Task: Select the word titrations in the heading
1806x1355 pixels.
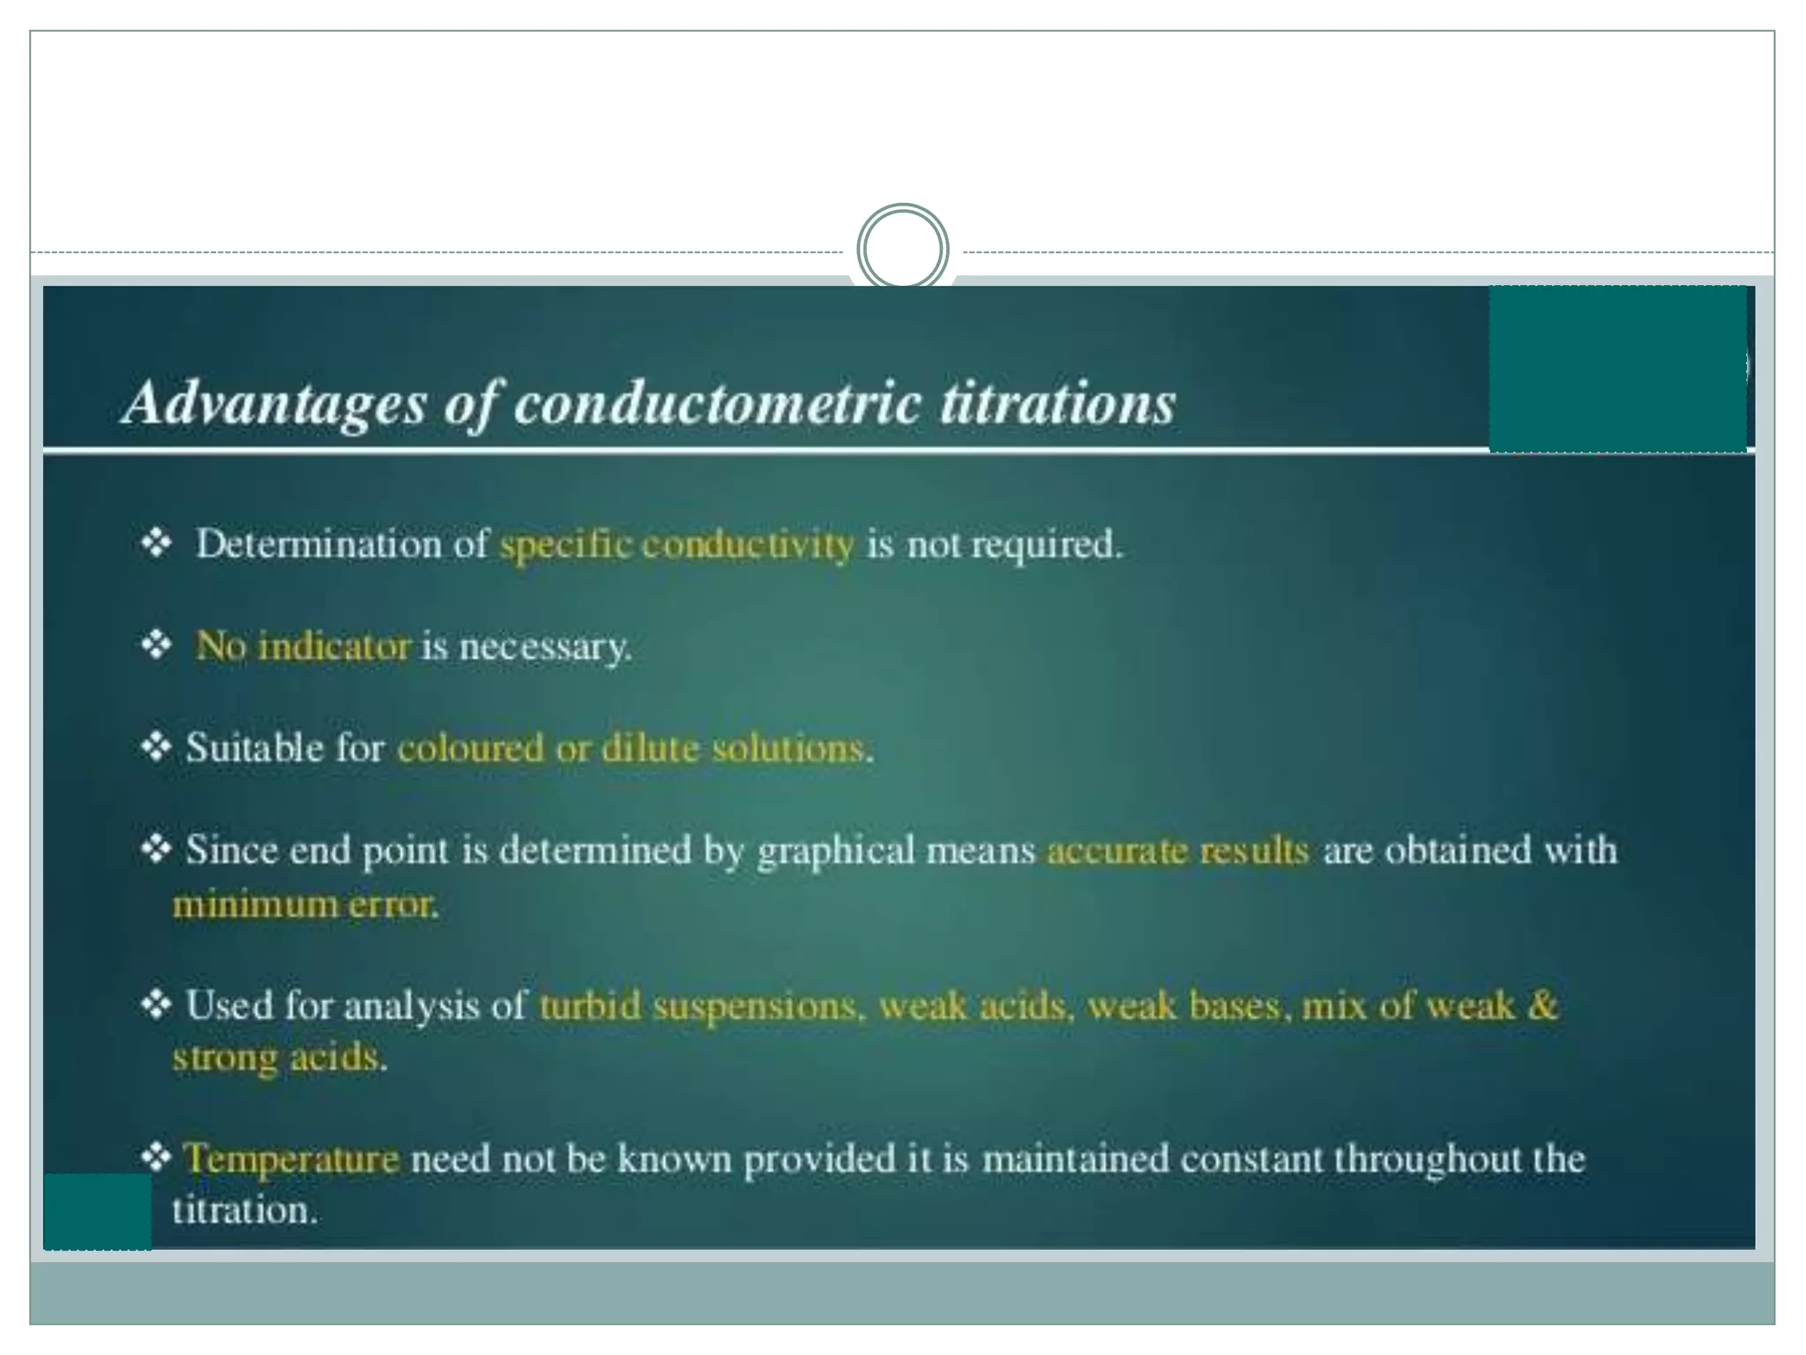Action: [x=1057, y=403]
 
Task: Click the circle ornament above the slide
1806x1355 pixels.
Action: [x=902, y=249]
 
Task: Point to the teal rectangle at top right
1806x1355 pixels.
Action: [x=1617, y=368]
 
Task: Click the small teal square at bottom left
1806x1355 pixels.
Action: [x=97, y=1211]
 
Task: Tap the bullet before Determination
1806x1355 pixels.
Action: [x=156, y=543]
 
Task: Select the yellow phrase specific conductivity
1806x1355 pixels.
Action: [x=676, y=544]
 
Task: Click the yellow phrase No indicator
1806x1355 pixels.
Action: [x=302, y=647]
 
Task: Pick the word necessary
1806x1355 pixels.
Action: [x=545, y=648]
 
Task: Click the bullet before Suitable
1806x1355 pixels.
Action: [x=156, y=747]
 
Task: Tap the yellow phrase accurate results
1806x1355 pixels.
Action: [x=1177, y=850]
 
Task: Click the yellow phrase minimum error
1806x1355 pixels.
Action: [x=304, y=904]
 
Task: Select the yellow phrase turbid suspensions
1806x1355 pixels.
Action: [x=697, y=1006]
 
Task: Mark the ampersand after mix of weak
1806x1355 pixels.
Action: [x=1541, y=1005]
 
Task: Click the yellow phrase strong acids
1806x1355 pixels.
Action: [x=278, y=1057]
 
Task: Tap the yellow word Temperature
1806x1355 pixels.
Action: [x=291, y=1158]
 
